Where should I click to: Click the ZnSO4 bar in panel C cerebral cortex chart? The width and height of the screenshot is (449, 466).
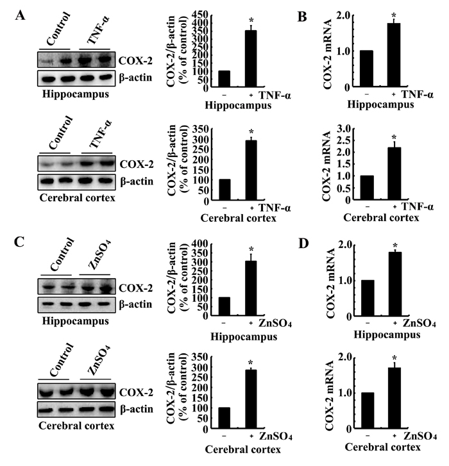click(251, 399)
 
